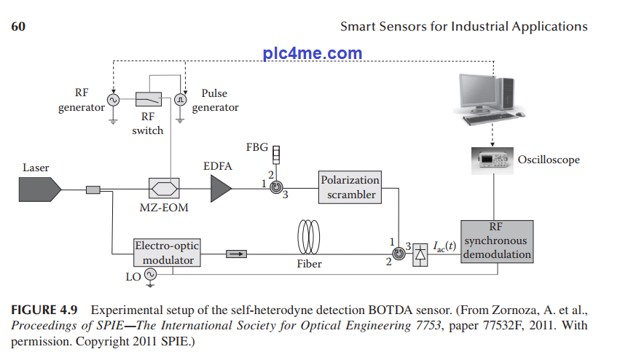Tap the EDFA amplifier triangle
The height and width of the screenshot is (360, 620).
click(x=220, y=189)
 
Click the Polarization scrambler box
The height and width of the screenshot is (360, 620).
click(x=350, y=187)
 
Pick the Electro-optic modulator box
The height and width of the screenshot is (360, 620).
click(x=167, y=253)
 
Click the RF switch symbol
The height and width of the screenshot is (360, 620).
click(x=149, y=100)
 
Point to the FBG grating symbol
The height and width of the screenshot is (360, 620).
click(x=276, y=154)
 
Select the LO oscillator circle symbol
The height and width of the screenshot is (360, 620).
click(x=151, y=275)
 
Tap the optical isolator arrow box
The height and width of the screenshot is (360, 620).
click(x=236, y=254)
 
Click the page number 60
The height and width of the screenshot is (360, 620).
click(x=19, y=27)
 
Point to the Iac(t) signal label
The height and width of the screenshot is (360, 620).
click(x=444, y=247)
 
